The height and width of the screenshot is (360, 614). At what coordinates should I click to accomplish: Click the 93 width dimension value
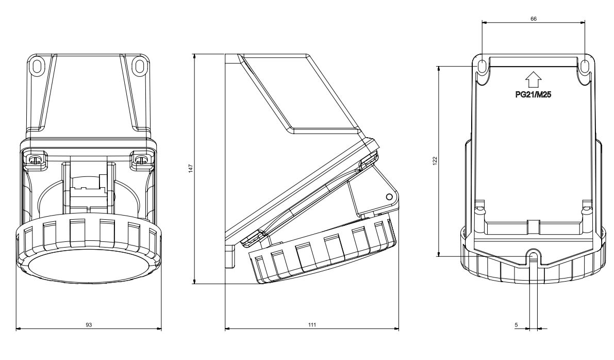pos(89,325)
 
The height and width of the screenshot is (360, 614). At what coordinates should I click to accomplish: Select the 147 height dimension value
pos(191,169)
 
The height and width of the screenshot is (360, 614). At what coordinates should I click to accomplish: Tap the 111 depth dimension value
pos(312,325)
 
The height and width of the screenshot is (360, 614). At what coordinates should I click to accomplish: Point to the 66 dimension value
pos(534,19)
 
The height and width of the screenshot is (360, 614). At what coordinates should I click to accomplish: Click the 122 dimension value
pos(435,161)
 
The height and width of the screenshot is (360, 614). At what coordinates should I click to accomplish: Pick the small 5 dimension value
pos(516,325)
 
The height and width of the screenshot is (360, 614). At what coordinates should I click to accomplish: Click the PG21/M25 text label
pos(533,94)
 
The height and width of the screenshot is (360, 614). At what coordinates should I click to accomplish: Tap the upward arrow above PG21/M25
pos(533,80)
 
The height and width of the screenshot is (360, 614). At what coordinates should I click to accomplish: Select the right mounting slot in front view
pos(139,66)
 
